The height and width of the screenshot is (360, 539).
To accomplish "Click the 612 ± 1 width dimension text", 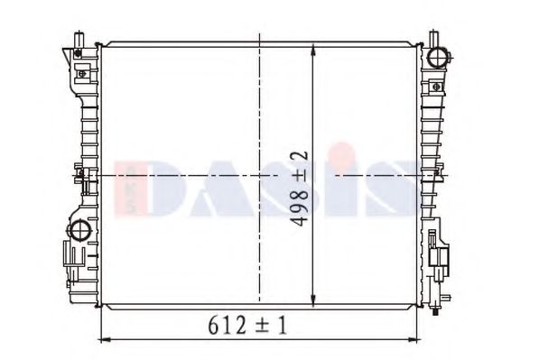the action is pos(247,326).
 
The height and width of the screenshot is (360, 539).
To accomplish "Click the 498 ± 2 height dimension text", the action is pos(300,189).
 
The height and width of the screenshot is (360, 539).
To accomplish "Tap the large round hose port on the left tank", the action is pos(79,229).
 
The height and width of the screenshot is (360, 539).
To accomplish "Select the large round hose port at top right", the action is pos(438,57).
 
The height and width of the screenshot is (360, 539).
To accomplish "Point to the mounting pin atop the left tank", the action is pos(79,40).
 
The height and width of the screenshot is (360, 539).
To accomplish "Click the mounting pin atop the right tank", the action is pos(433,39).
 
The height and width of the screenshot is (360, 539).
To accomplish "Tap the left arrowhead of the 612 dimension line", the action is pos(104,340).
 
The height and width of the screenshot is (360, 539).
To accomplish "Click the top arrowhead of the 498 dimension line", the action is pos(312,50).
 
